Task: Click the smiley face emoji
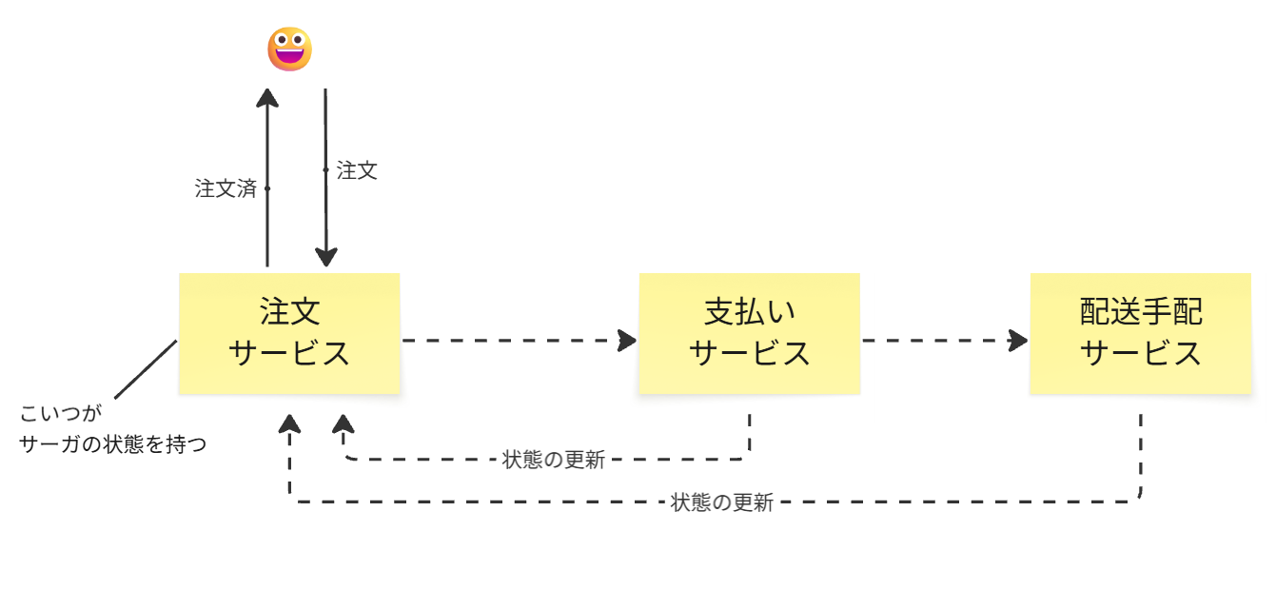[289, 49]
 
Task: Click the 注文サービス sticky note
[289, 333]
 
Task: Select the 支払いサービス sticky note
[749, 333]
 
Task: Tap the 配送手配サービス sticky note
[1140, 333]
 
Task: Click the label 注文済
[226, 188]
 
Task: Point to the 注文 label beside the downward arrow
[358, 170]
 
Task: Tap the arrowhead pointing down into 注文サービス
[326, 258]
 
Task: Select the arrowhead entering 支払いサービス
[627, 340]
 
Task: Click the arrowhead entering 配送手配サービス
[1019, 340]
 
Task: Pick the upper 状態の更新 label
[553, 460]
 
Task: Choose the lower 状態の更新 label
[722, 502]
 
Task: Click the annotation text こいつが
[59, 415]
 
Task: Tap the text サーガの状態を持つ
[112, 443]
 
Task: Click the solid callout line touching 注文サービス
[146, 369]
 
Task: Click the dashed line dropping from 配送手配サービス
[1140, 452]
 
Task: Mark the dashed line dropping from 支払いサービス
[750, 433]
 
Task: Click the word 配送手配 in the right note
[1140, 311]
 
